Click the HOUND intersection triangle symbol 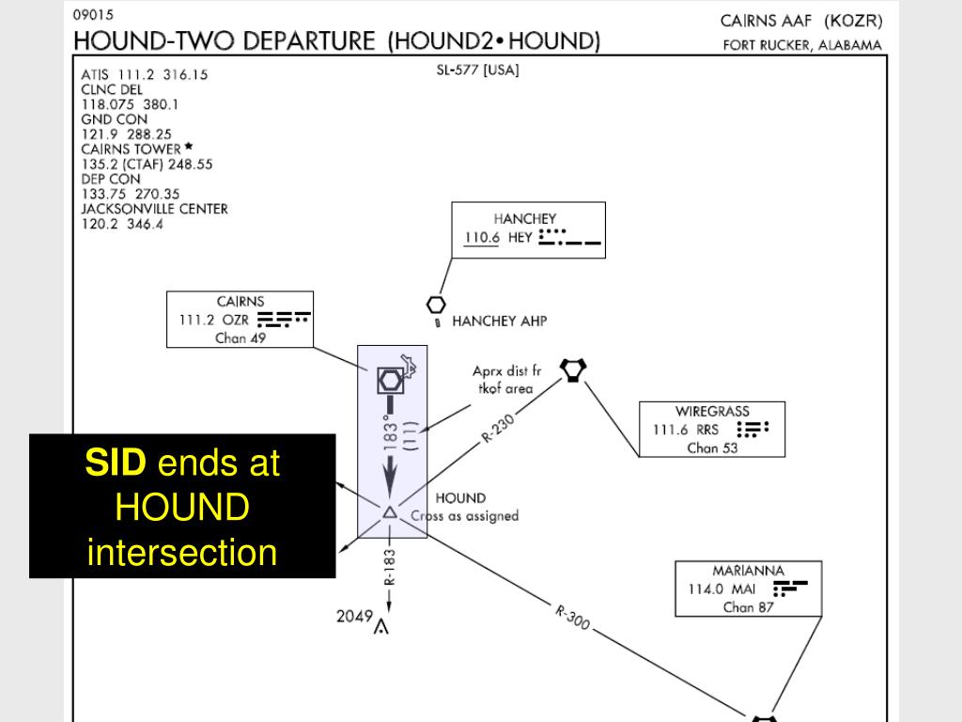pyautogui.click(x=390, y=512)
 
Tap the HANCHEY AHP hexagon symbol pyautogui.click(x=436, y=305)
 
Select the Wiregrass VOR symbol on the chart pyautogui.click(x=572, y=369)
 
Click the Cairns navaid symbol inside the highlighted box pyautogui.click(x=390, y=380)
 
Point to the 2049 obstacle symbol pyautogui.click(x=381, y=626)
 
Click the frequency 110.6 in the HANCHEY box pyautogui.click(x=482, y=237)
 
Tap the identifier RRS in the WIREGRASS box pyautogui.click(x=707, y=430)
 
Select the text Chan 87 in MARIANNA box pyautogui.click(x=749, y=607)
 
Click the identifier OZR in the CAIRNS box pyautogui.click(x=236, y=319)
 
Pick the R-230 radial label pyautogui.click(x=499, y=430)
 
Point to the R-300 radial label pyautogui.click(x=572, y=617)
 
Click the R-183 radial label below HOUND pyautogui.click(x=390, y=568)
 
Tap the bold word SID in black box pyautogui.click(x=116, y=463)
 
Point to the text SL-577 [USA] pyautogui.click(x=477, y=70)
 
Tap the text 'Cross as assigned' pyautogui.click(x=465, y=516)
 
